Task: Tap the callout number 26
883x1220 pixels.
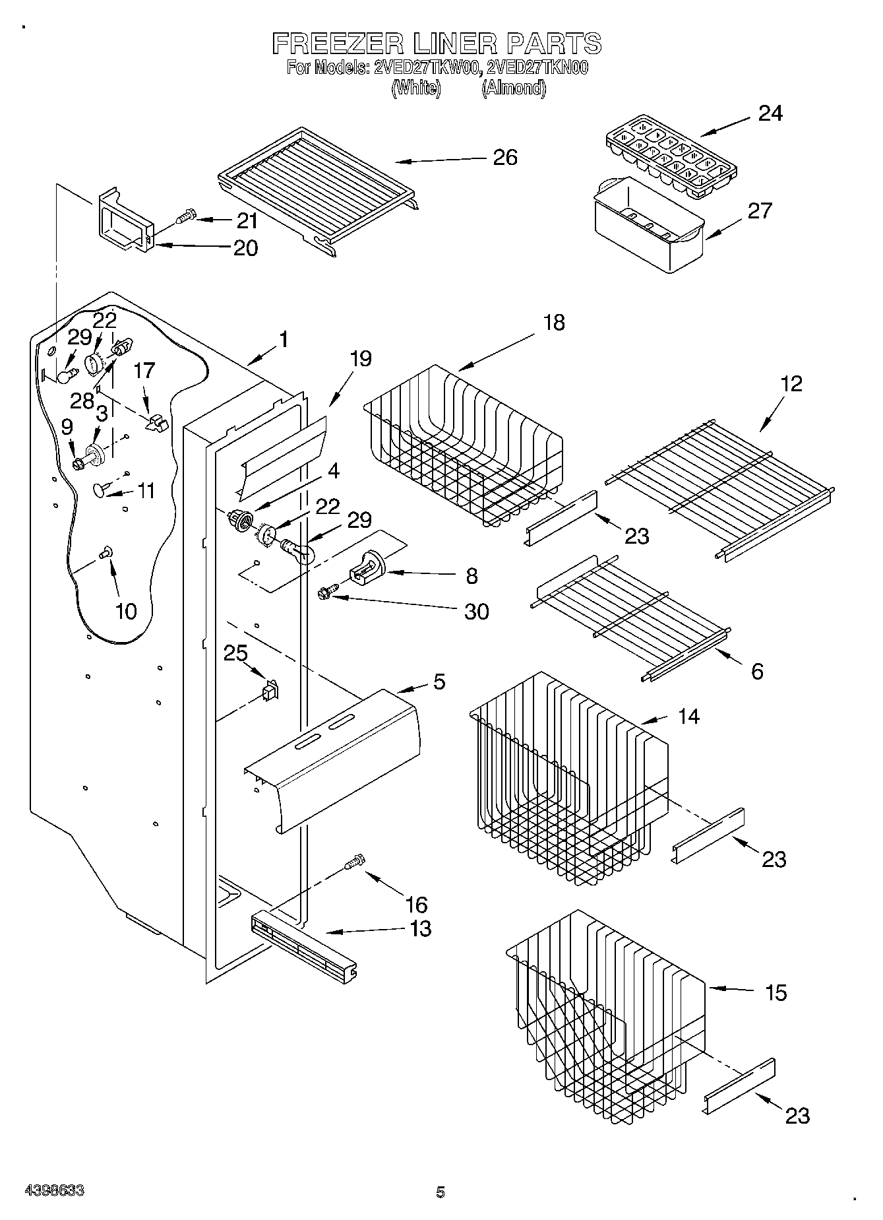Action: (x=505, y=158)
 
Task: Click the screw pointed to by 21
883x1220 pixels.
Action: (x=187, y=215)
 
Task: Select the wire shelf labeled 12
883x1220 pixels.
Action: (x=719, y=488)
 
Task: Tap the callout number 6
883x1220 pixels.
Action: (x=757, y=671)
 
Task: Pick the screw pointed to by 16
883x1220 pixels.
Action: (x=355, y=862)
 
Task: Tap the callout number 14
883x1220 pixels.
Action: (x=688, y=716)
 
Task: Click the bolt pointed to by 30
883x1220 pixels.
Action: (x=327, y=592)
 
